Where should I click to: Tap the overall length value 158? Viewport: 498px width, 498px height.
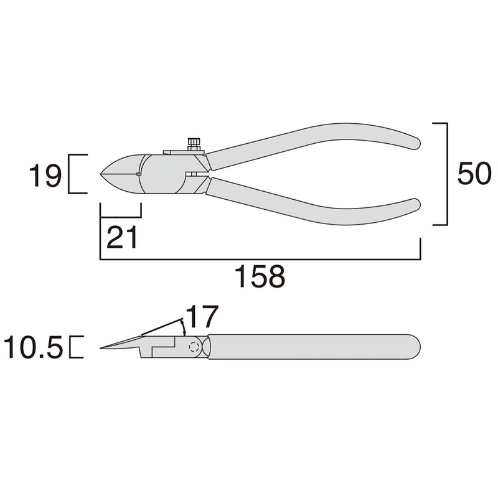pos(260,276)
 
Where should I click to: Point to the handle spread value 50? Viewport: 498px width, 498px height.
pos(474,174)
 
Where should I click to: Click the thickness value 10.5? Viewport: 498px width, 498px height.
pos(33,347)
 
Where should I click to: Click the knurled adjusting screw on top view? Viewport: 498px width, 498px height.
pos(194,144)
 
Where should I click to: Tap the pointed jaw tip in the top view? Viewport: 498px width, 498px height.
pos(101,172)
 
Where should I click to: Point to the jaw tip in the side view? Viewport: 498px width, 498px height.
pos(103,348)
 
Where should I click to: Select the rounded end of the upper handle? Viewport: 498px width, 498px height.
pos(413,138)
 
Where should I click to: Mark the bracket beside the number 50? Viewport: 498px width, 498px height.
pos(444,174)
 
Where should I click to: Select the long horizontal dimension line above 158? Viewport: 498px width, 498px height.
pos(260,258)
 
